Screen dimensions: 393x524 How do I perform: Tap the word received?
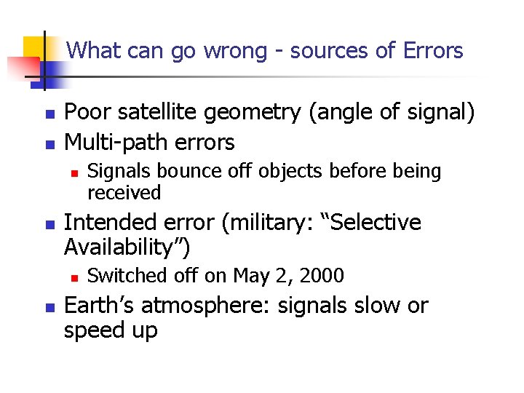tap(124, 193)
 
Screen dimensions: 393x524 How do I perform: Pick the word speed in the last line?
tap(96, 332)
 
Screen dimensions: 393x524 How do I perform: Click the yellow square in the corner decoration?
tap(34, 47)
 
